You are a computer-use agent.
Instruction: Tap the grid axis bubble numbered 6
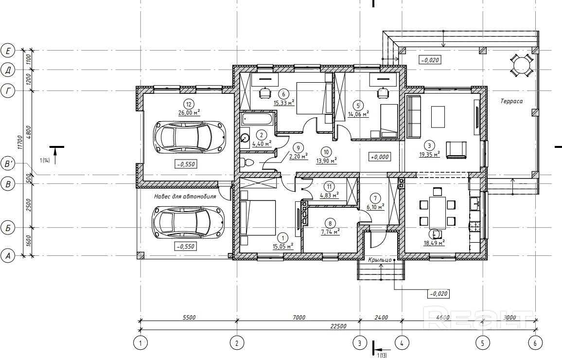[535, 343]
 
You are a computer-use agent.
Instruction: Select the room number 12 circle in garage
[189, 104]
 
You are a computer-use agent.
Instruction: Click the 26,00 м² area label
[189, 112]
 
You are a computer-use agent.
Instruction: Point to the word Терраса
[511, 101]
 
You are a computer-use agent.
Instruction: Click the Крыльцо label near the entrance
[380, 260]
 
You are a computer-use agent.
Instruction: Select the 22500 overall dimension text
[338, 326]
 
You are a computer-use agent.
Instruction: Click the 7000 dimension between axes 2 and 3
[299, 317]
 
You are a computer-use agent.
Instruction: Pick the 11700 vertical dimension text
[20, 142]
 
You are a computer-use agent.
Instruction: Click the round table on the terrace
[521, 65]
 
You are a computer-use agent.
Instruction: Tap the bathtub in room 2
[258, 119]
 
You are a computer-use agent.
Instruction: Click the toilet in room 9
[247, 163]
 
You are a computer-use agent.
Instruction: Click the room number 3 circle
[429, 145]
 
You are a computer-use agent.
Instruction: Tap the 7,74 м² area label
[330, 231]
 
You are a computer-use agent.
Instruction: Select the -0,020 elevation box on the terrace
[430, 60]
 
